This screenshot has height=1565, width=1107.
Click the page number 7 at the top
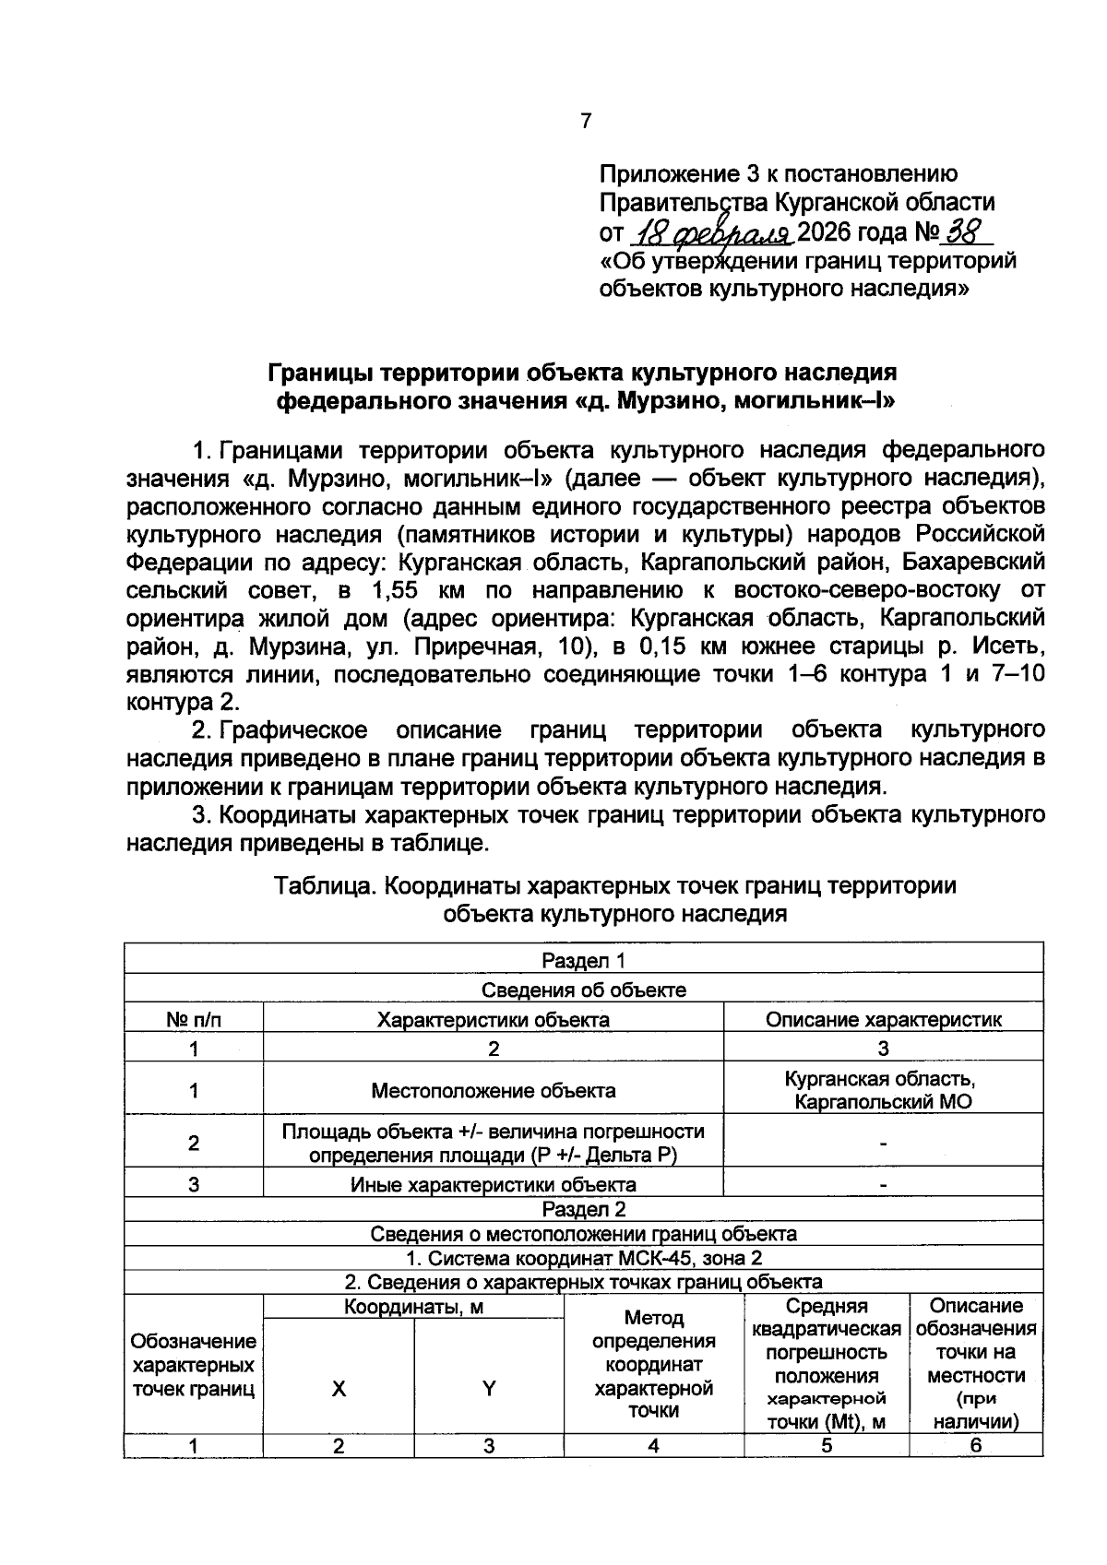click(586, 121)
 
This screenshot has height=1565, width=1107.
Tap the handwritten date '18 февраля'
click(709, 231)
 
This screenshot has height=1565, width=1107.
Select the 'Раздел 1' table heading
click(583, 961)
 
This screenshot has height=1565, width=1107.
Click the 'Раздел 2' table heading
click(583, 1209)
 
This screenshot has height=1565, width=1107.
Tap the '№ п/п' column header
click(194, 1019)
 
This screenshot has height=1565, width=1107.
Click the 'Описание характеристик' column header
click(883, 1019)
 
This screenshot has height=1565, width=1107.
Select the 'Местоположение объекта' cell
click(493, 1091)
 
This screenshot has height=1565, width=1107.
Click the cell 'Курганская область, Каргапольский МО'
click(883, 1090)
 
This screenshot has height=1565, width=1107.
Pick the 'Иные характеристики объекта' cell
click(493, 1184)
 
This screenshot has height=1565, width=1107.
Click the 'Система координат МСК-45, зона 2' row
click(583, 1258)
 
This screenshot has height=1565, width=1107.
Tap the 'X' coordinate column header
click(339, 1388)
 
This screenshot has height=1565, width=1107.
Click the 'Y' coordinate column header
click(489, 1388)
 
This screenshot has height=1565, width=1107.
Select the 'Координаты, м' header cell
click(413, 1307)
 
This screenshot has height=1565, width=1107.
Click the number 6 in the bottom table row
click(975, 1445)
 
